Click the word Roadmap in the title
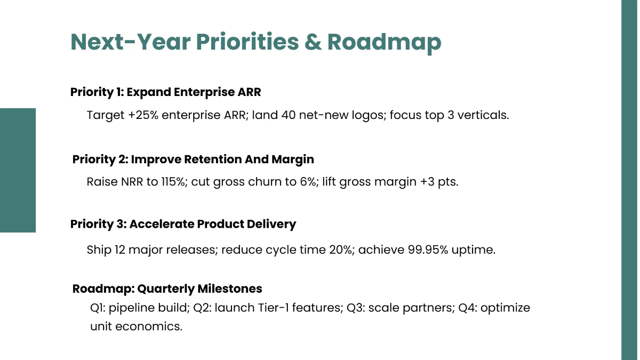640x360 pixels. [384, 42]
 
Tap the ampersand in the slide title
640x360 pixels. [313, 42]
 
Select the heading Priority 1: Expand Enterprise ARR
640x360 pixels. [166, 92]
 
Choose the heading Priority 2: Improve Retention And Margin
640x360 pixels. [193, 159]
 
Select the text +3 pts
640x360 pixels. [439, 182]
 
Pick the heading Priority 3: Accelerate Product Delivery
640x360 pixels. [183, 224]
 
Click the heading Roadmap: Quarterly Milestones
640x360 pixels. [167, 289]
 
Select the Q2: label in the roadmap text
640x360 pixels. [202, 308]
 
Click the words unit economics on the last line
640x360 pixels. [136, 326]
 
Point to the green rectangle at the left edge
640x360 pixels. [18, 170]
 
